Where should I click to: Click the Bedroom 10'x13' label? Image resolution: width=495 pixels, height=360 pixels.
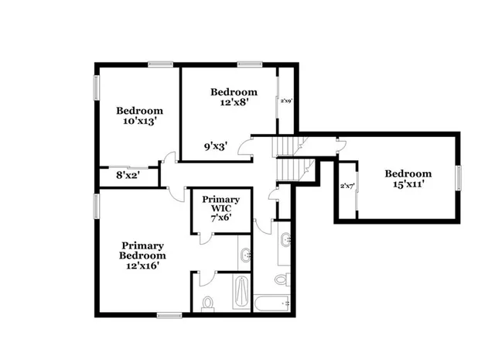[x=139, y=115]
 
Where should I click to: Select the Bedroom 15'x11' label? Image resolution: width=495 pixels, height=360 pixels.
[x=408, y=179]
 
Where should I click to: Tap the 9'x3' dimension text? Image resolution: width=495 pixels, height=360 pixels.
[x=215, y=145]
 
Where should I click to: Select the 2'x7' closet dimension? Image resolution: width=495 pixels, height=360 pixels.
[x=347, y=186]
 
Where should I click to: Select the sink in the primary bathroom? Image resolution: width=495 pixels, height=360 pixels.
[x=246, y=254]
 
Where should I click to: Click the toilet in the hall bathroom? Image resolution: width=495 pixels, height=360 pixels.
[x=284, y=277]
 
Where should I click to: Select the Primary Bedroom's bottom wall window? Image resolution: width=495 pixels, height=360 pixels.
[x=169, y=314]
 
